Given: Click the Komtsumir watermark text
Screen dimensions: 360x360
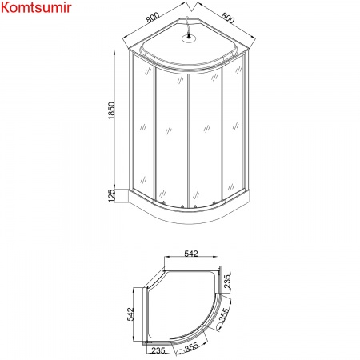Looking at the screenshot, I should (x=37, y=9).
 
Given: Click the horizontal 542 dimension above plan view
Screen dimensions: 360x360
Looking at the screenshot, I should (x=190, y=254).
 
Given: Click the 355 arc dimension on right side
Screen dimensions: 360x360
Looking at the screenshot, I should (x=226, y=313).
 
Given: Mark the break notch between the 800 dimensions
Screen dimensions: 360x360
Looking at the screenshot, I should (x=190, y=18).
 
